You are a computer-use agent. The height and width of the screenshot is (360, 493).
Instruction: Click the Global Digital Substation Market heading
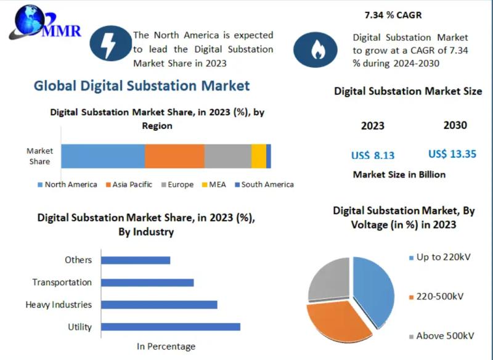142,86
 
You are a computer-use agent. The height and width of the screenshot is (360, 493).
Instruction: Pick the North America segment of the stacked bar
102,156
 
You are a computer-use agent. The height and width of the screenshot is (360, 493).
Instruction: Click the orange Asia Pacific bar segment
174,156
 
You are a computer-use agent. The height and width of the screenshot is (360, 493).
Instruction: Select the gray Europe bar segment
227,156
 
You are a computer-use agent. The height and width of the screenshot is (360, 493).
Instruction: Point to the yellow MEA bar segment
259,156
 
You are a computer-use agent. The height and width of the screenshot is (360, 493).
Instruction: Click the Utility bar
170,327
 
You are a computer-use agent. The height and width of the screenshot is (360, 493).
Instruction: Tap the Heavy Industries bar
159,305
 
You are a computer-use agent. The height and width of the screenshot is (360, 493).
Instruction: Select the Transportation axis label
62,282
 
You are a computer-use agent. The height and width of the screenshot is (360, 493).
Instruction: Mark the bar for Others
135,260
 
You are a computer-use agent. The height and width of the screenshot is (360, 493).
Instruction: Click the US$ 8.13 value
373,155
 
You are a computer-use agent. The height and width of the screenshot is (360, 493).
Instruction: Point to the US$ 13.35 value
452,154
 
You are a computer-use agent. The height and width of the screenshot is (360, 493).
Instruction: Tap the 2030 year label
455,125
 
